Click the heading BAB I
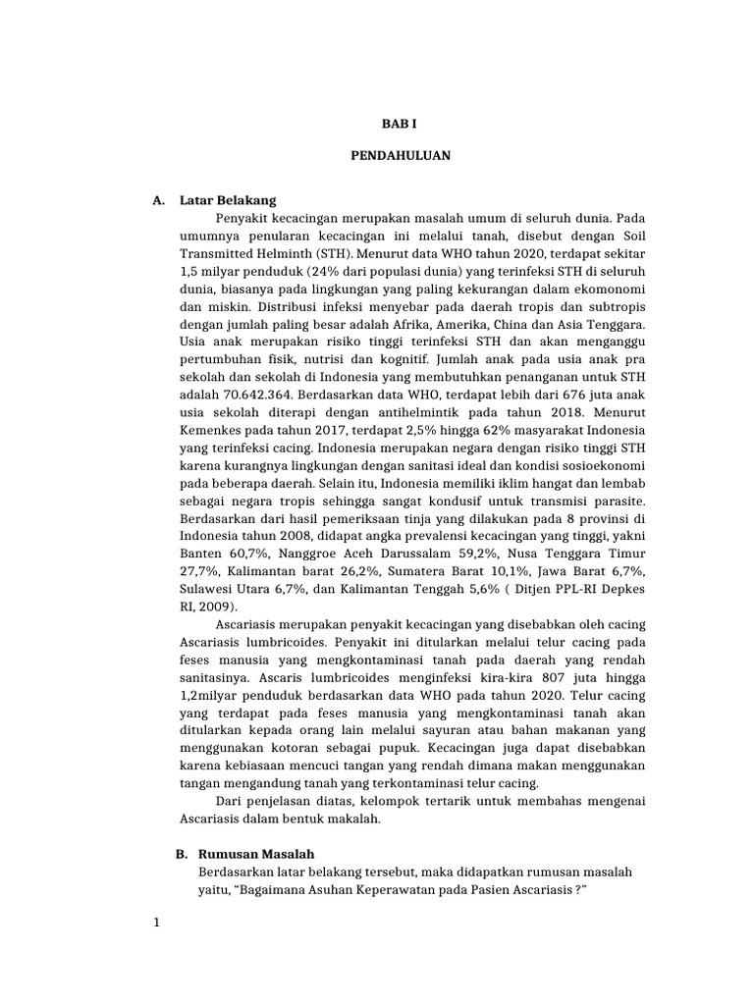tap(392, 125)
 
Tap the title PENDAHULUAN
tap(392, 156)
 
